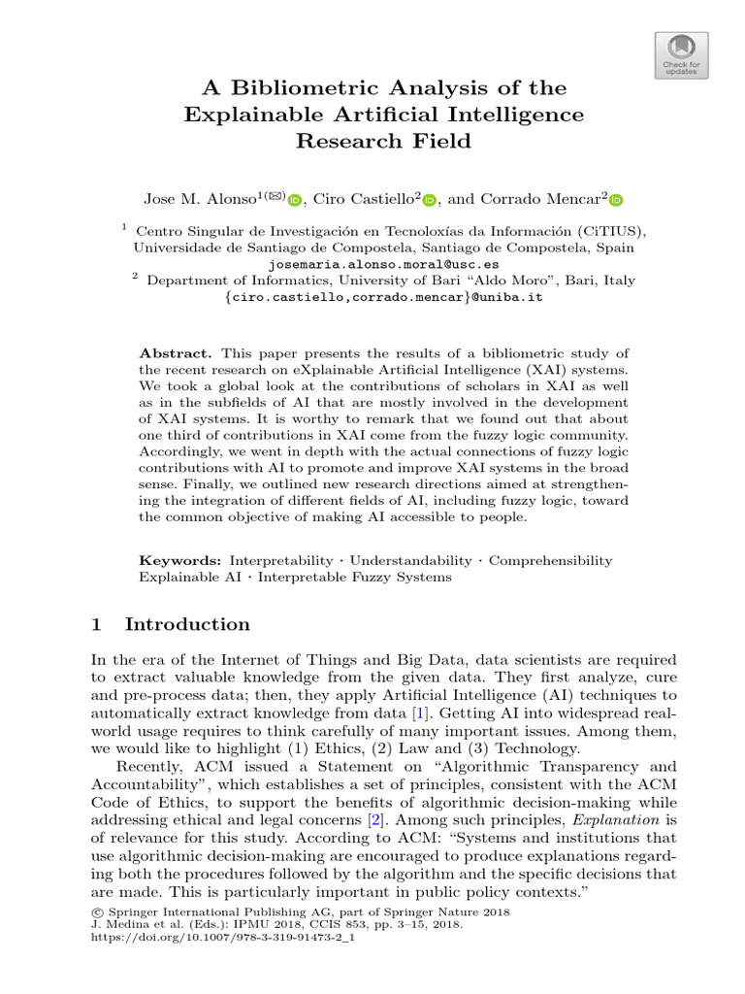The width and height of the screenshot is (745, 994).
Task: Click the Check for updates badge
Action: tap(682, 53)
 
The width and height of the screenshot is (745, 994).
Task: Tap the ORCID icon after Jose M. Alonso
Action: tap(296, 200)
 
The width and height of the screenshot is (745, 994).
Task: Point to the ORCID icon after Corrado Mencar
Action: tap(616, 200)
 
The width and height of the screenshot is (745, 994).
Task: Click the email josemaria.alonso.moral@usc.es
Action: tap(383, 263)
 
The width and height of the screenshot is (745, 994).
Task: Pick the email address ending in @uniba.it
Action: tap(383, 297)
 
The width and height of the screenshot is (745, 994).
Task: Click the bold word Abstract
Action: tap(176, 352)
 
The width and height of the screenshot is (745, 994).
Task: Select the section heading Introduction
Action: tap(187, 624)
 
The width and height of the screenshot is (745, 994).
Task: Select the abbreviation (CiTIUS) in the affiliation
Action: tap(604, 231)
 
